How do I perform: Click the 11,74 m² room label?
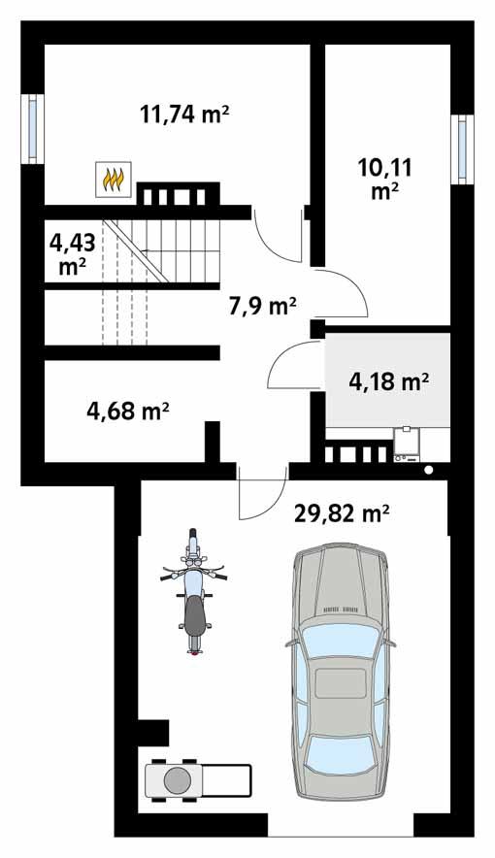[x=184, y=114]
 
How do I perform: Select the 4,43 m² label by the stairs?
[x=69, y=252]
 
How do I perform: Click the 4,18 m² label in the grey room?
[x=389, y=381]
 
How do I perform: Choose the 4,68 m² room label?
[x=128, y=412]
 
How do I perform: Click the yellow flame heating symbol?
[x=114, y=180]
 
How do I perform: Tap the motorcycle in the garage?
[x=194, y=592]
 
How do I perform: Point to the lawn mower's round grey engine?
[x=177, y=779]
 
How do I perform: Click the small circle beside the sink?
[x=429, y=471]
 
